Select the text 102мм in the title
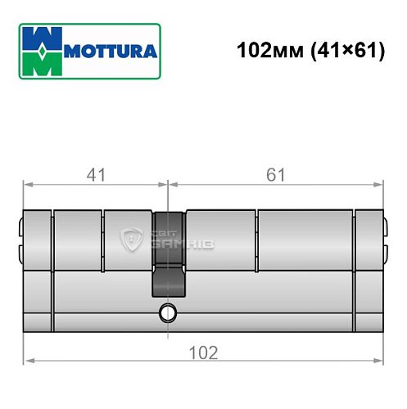(x=265, y=51)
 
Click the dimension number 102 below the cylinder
(x=204, y=353)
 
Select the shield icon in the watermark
(x=131, y=240)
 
